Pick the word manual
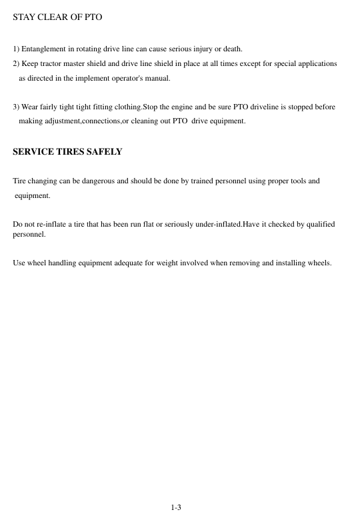click(x=158, y=79)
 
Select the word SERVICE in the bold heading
click(x=31, y=152)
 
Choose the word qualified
click(x=319, y=224)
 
